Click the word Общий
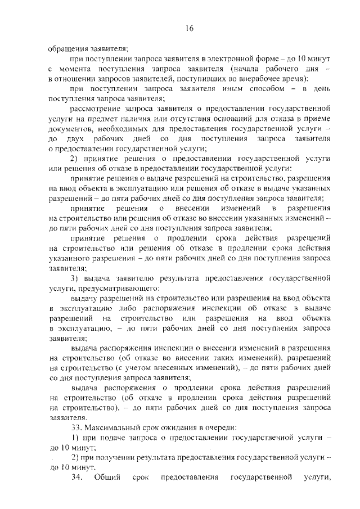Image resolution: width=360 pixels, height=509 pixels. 105,478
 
